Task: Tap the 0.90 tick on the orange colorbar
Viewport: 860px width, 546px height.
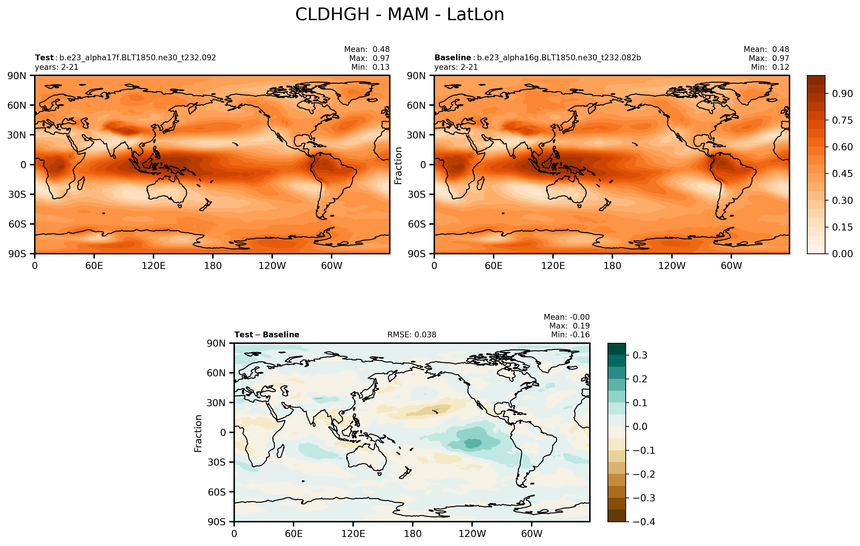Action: [842, 94]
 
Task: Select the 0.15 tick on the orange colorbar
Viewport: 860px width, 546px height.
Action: [842, 227]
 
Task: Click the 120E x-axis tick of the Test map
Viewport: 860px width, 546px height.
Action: [153, 266]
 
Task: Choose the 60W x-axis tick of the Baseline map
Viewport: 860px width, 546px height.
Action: [731, 266]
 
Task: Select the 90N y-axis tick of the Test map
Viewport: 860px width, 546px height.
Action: [17, 76]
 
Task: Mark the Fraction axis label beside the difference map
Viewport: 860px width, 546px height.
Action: [198, 433]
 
